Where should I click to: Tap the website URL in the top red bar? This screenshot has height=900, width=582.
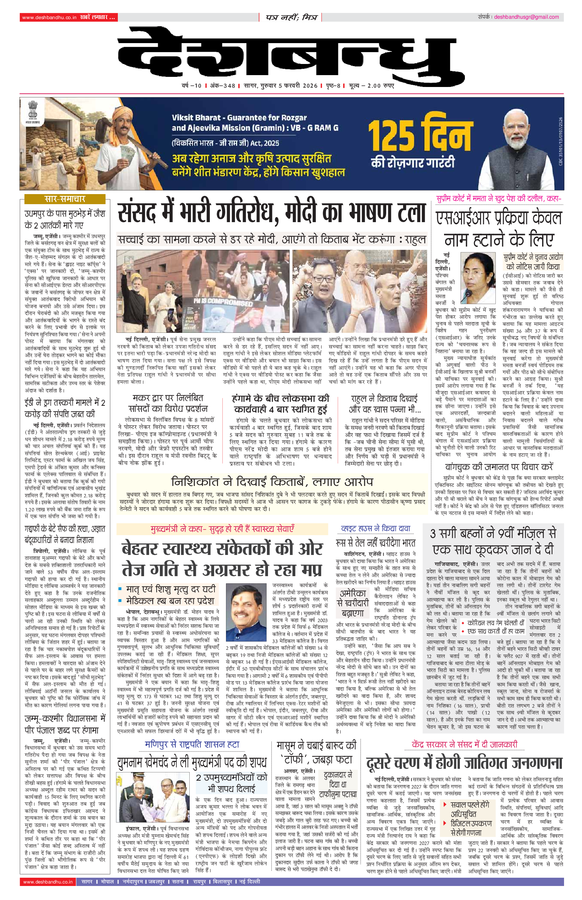[49, 17]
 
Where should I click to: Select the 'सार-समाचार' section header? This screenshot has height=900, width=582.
[65, 199]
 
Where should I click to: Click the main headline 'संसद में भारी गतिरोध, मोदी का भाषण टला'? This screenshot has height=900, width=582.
[271, 213]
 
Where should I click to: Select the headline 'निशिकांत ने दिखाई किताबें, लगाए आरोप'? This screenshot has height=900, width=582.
[272, 482]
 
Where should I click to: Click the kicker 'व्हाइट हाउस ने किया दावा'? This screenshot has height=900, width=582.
[375, 528]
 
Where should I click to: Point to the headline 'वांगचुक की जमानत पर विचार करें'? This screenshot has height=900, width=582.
[499, 467]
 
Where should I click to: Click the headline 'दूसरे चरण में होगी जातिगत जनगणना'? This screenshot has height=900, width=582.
[464, 763]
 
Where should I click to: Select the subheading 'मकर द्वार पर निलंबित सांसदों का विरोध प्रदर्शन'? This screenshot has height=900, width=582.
[168, 403]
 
